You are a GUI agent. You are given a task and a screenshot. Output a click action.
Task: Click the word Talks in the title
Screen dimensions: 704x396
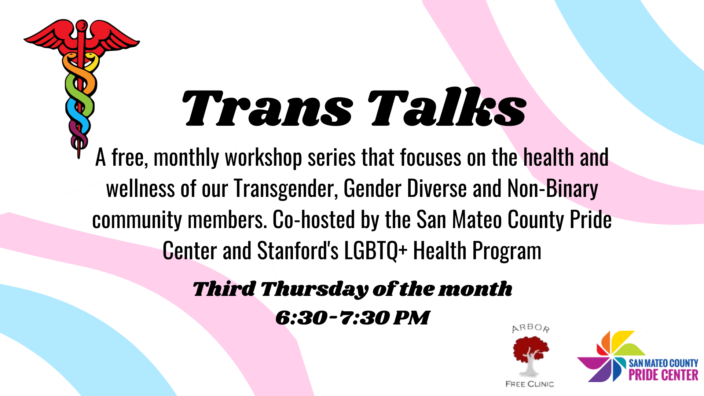[447, 107]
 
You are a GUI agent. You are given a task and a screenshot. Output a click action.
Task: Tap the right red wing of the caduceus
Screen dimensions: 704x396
[112, 37]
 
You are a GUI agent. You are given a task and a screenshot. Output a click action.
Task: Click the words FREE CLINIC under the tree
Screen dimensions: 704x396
[529, 384]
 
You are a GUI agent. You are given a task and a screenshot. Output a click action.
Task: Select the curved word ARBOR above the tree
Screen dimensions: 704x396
[531, 328]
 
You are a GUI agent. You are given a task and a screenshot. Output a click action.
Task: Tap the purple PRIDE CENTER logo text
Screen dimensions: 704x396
[663, 375]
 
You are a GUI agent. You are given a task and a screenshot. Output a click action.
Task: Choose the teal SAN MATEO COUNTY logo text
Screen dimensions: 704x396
[663, 363]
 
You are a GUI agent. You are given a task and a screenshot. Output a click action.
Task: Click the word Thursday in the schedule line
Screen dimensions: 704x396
[314, 289]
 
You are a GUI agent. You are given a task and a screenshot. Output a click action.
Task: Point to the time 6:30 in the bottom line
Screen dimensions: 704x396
[301, 318]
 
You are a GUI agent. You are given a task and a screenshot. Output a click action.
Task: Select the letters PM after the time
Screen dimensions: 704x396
[411, 318]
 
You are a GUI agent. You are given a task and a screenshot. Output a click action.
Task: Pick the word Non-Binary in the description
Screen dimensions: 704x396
[553, 189]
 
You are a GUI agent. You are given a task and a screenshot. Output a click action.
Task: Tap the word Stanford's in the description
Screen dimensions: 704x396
[298, 251]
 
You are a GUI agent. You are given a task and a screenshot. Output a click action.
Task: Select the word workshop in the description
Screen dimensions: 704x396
[263, 158]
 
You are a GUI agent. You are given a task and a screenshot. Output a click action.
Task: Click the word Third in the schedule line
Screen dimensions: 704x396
[224, 289]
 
